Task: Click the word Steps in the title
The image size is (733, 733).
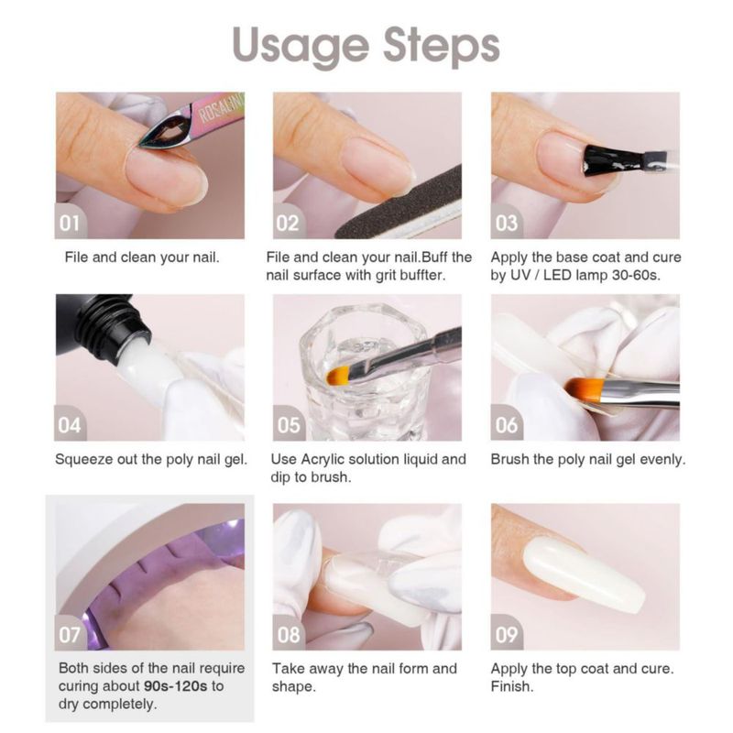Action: click(x=442, y=46)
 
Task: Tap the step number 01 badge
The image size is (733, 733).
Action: click(x=71, y=223)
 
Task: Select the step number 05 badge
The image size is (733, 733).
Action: click(x=289, y=424)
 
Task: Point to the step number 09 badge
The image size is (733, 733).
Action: click(x=507, y=634)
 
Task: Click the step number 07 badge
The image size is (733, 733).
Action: click(x=71, y=634)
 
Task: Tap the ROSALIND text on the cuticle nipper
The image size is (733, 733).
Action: click(x=221, y=108)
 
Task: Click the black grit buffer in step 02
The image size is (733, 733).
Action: click(x=399, y=204)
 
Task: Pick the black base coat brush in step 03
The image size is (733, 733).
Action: click(x=621, y=161)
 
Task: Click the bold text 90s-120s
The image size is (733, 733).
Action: click(x=175, y=685)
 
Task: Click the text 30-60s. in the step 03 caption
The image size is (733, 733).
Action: click(x=636, y=275)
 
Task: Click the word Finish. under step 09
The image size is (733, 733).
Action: click(x=512, y=686)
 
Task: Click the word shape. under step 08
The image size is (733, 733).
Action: click(x=294, y=686)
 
